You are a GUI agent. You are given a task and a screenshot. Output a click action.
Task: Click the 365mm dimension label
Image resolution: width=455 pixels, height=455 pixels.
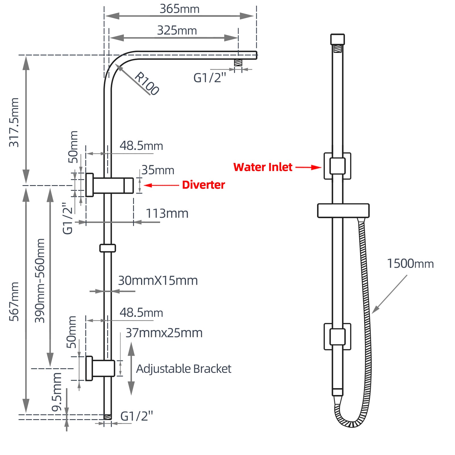coord(179,9)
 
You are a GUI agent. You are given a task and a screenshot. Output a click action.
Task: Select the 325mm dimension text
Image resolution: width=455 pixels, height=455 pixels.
coord(177,30)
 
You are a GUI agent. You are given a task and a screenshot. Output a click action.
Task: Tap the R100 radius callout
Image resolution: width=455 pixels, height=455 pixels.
coord(147,83)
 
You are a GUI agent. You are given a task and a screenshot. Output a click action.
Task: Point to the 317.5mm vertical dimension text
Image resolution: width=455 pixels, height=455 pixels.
coord(14,122)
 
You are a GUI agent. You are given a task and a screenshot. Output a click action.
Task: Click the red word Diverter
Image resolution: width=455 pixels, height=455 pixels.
coord(203,185)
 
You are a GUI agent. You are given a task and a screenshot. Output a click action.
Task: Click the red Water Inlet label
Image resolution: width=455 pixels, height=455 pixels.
coord(262,167)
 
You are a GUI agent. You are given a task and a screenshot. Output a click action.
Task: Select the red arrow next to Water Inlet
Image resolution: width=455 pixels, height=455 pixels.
coord(308,167)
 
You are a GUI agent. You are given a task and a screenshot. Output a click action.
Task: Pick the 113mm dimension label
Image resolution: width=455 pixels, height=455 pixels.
coord(167,214)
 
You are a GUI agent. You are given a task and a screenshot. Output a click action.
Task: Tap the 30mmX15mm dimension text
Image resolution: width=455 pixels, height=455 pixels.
coord(158,281)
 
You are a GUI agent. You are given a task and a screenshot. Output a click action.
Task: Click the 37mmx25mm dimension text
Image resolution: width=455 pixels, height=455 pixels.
coord(164,333)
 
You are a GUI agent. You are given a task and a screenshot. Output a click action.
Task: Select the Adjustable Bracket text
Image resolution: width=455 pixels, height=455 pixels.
coord(183,369)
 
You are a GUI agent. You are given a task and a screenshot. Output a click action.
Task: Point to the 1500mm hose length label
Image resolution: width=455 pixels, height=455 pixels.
coord(410,264)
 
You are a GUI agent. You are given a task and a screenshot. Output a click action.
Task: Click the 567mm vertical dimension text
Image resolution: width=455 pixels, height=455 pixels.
coord(14,301)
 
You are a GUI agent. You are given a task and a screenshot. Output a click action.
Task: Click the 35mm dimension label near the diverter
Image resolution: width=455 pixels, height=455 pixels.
coord(158,170)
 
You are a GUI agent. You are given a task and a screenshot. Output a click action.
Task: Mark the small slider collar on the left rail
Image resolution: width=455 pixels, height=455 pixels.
coord(107,248)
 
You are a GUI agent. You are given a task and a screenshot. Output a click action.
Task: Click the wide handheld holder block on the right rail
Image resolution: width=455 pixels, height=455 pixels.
coord(343,211)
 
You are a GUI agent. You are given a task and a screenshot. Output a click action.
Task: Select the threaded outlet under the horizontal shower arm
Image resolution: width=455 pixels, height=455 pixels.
coord(238,63)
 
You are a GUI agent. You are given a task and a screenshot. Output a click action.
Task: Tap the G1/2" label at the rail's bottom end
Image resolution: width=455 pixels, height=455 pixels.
coord(136,416)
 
